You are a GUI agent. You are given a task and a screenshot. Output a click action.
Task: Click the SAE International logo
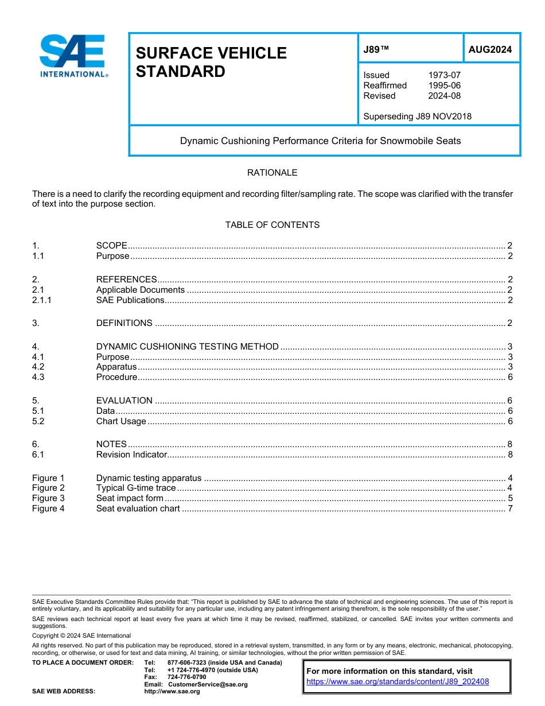[73, 56]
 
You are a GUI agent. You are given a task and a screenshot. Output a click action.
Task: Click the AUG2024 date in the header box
[490, 49]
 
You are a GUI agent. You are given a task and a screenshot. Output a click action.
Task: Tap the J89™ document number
[376, 50]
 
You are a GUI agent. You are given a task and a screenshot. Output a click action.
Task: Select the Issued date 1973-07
[444, 75]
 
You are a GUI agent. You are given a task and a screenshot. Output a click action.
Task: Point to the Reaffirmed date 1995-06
[444, 86]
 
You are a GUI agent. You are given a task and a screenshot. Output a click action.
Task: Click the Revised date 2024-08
[444, 96]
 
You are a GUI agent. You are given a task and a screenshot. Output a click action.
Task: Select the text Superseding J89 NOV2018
[417, 117]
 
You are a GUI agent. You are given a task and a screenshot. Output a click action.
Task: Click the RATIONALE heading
[272, 173]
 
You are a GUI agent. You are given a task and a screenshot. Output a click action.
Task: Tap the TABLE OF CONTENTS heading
[272, 225]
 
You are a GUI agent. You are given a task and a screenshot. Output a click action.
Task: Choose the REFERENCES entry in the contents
[126, 280]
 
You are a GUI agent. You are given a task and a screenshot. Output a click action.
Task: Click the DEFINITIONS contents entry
[124, 323]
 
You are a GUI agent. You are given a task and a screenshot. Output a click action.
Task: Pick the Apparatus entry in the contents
[116, 367]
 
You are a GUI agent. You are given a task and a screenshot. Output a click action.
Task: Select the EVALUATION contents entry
[124, 401]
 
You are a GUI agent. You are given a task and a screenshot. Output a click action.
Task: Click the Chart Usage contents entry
[121, 421]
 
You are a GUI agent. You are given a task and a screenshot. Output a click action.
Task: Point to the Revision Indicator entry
[131, 455]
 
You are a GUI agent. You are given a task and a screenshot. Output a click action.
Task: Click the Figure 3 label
[48, 498]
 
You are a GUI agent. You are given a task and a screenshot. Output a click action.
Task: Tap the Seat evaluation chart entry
[138, 509]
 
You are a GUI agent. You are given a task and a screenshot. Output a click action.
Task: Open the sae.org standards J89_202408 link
[398, 682]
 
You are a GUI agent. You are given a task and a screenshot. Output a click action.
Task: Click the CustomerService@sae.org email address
[208, 684]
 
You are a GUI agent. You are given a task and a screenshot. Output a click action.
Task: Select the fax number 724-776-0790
[186, 677]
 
